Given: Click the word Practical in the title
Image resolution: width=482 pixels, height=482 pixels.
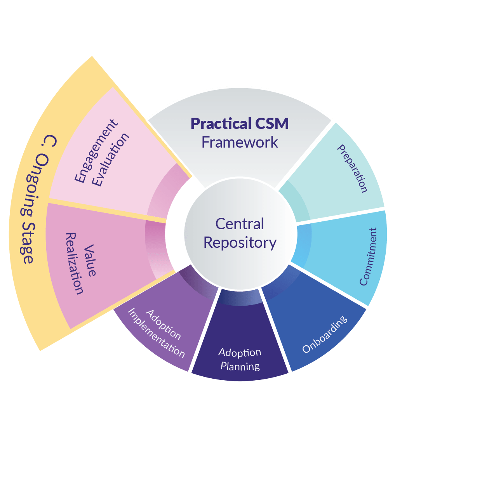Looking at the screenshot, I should [216, 124].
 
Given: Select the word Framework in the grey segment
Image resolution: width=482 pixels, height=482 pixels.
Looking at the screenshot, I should [240, 143].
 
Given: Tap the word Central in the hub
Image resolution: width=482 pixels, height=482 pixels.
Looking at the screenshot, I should [240, 224].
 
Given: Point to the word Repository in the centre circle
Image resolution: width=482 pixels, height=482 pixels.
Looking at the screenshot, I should [240, 243].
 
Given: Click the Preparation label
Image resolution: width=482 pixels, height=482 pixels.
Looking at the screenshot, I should [352, 169].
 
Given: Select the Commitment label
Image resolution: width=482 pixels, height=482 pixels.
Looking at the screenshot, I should [368, 257].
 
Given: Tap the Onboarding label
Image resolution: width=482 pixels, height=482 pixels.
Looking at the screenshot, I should [325, 334].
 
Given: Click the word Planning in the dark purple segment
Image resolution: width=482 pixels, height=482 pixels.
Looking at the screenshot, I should [240, 366].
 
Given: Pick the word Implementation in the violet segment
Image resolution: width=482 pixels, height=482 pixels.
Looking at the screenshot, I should [156, 333].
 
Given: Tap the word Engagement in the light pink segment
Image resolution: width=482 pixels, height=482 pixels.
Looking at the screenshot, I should [96, 151].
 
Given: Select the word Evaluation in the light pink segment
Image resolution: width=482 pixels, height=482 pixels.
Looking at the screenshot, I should [111, 160].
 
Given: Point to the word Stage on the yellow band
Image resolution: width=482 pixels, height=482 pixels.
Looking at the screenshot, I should [27, 243].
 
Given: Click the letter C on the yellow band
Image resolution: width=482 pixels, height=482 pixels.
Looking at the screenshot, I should [51, 141].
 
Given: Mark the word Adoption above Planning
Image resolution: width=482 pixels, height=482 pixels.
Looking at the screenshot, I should [240, 352].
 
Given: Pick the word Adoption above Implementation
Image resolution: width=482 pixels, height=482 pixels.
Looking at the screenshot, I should [164, 325].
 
